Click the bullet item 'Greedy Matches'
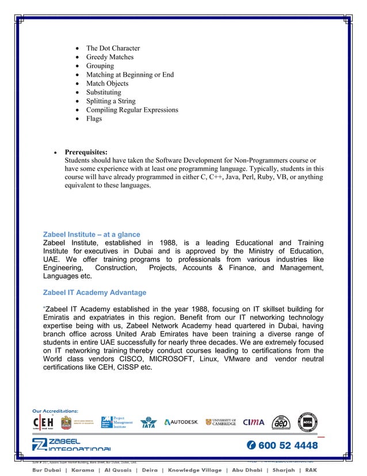pyautogui.click(x=109, y=57)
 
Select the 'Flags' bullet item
pyautogui.click(x=94, y=119)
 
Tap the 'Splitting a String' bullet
pyautogui.click(x=110, y=101)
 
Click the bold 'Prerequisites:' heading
pyautogui.click(x=86, y=152)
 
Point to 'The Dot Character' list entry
pyautogui.click(x=113, y=48)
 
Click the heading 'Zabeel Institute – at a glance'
pyautogui.click(x=91, y=235)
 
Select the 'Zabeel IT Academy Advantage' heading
pyautogui.click(x=94, y=292)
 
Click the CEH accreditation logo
pyautogui.click(x=44, y=422)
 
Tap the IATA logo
pyautogui.click(x=148, y=422)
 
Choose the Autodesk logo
pyautogui.click(x=181, y=422)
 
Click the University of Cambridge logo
pyautogui.click(x=221, y=422)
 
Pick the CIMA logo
pyautogui.click(x=254, y=422)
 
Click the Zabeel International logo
pyautogui.click(x=71, y=445)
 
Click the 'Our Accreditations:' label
pyautogui.click(x=55, y=410)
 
